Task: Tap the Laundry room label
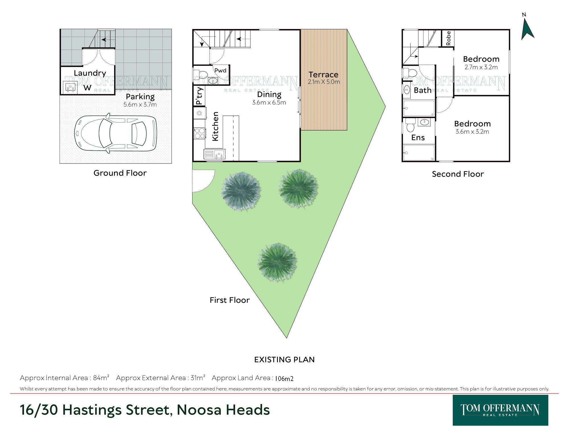coord(90,73)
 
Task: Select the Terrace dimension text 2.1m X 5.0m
coord(324,82)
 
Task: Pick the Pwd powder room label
coord(220,71)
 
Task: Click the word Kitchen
coord(215,126)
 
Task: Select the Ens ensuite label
coord(418,138)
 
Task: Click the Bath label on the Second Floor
coord(422,91)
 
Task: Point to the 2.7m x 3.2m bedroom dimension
coord(481,67)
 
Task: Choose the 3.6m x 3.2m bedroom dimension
coord(472,132)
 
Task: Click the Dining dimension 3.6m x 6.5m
coord(269,102)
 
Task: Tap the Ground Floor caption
coord(120,173)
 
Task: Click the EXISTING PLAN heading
coord(284,360)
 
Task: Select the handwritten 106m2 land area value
coord(284,379)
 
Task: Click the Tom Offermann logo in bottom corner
coord(500,410)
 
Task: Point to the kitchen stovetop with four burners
coord(200,133)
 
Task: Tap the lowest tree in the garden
coord(277,262)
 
